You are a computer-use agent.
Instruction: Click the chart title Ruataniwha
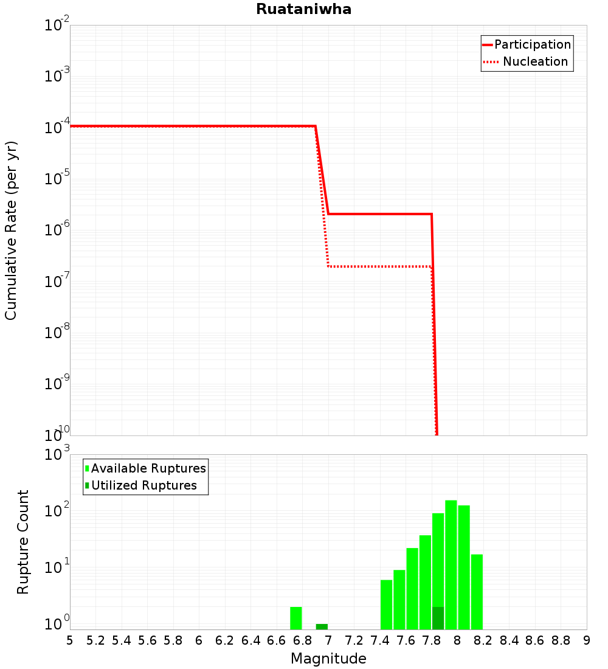pos(303,9)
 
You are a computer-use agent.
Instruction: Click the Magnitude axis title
pos(328,659)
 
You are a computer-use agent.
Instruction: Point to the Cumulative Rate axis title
pos(11,230)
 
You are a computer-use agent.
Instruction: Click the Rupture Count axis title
pos(22,541)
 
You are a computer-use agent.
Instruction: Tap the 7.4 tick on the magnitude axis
pos(380,640)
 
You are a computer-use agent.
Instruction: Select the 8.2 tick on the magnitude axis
pos(483,640)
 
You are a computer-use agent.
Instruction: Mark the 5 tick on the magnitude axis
pos(70,640)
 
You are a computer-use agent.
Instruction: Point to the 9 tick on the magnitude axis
pos(587,640)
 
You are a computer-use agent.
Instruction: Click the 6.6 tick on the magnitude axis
pos(277,640)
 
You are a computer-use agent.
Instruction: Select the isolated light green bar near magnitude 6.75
pos(296,618)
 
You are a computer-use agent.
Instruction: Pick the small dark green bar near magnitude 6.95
pos(322,626)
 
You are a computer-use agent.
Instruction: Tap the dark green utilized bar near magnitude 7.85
pos(438,618)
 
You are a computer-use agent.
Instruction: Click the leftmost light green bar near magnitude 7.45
pos(386,605)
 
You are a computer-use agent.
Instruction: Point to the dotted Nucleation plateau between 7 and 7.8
pos(380,266)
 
